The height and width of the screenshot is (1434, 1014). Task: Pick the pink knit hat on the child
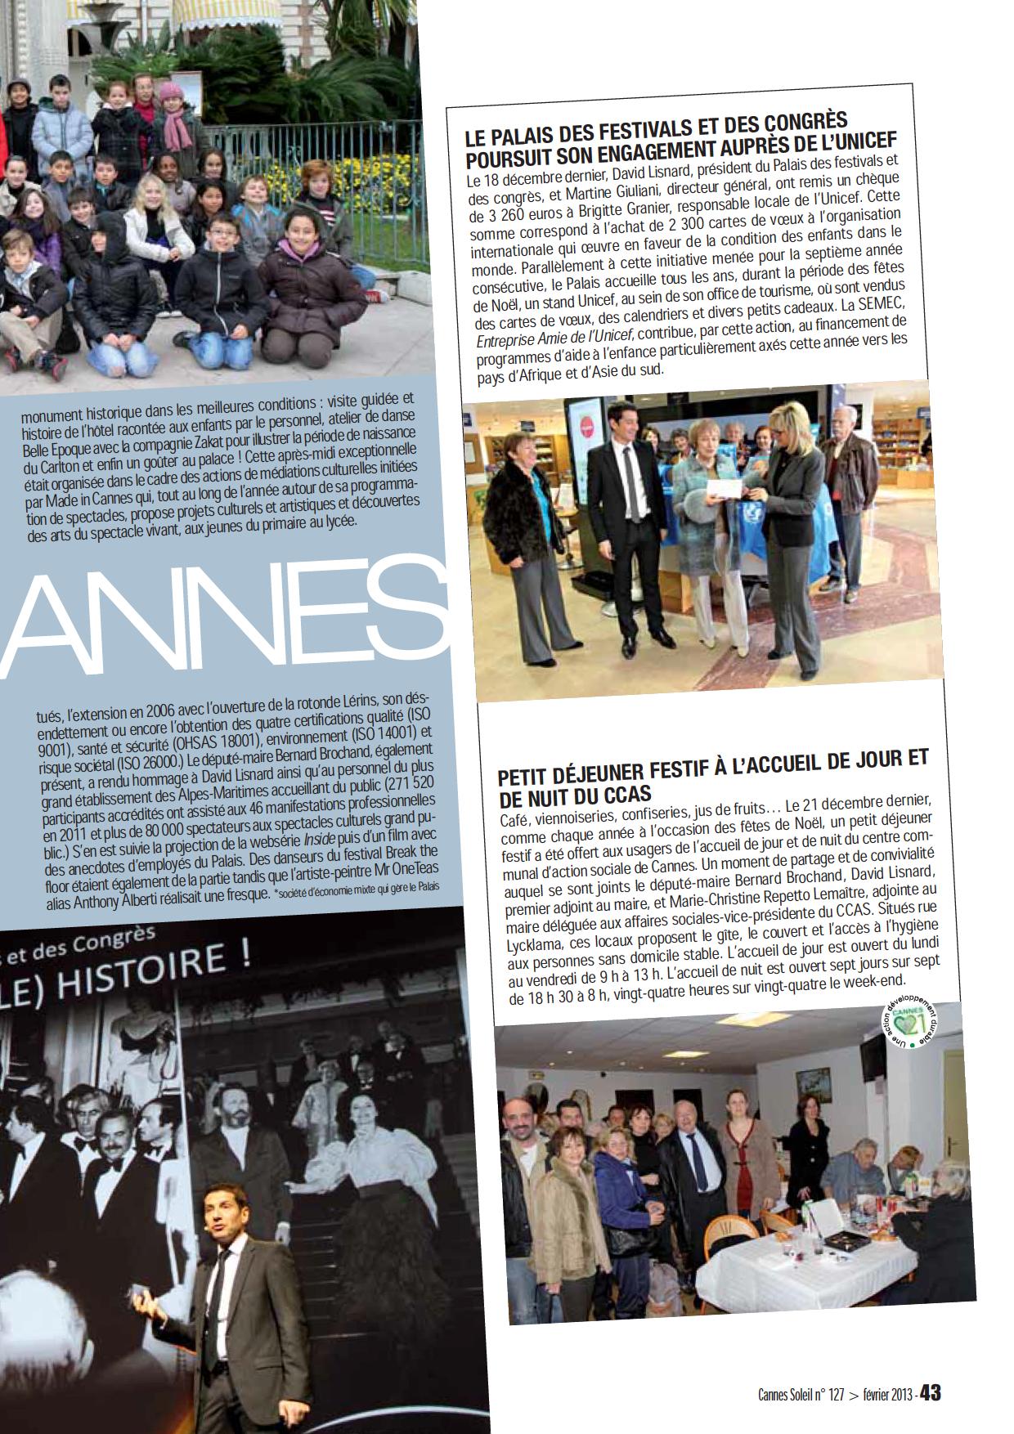(171, 90)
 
